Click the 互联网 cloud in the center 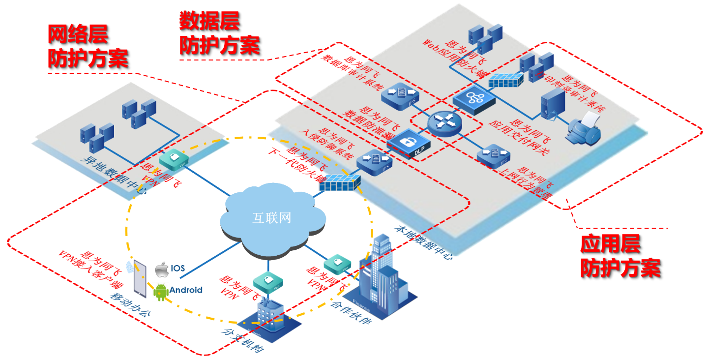click(271, 217)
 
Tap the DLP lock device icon click(408, 143)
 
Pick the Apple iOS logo click(162, 270)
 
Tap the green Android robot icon click(161, 292)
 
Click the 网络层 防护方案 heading click(88, 47)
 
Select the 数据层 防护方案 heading click(219, 33)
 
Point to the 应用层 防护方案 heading click(619, 256)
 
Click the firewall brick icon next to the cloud click(339, 183)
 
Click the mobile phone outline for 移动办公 click(141, 279)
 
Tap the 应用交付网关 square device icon click(474, 98)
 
